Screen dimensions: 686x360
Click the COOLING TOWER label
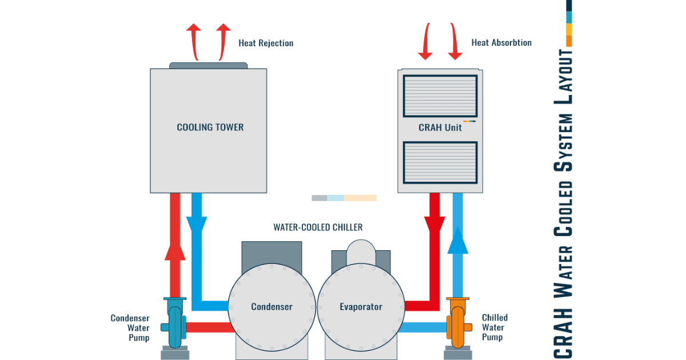point(210,127)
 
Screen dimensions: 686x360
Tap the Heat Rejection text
point(266,43)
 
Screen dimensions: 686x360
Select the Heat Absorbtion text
point(501,42)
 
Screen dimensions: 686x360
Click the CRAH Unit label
point(440,127)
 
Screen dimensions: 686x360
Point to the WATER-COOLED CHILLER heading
point(318,227)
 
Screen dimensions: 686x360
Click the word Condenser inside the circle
point(272,306)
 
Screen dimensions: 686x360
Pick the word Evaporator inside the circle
point(361,306)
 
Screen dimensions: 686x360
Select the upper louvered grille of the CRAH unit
point(440,96)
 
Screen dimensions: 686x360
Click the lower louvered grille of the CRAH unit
point(440,162)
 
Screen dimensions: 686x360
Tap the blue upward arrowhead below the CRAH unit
point(458,241)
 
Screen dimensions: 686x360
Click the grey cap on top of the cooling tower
point(208,66)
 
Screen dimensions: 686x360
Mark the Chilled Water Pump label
point(494,327)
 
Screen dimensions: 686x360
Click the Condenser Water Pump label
point(130,328)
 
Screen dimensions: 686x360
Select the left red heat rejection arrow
point(194,42)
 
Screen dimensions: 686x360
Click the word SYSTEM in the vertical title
point(563,143)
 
